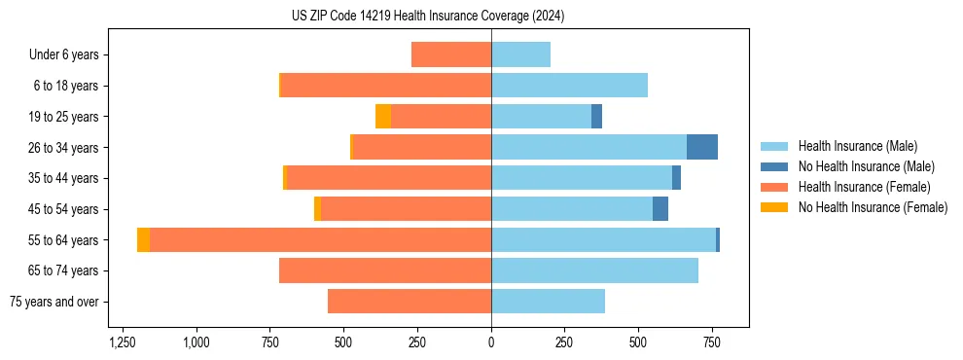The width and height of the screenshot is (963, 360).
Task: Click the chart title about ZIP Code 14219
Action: coord(428,16)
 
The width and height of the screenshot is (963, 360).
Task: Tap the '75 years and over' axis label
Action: coord(54,302)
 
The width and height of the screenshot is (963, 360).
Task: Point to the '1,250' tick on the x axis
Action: coord(123,342)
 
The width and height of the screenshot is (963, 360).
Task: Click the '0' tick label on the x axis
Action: coord(491,342)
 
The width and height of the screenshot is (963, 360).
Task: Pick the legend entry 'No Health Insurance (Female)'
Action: coord(873,207)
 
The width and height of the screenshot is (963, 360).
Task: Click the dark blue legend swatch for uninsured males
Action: coord(774,166)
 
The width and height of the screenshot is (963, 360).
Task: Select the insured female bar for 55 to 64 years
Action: coord(321,240)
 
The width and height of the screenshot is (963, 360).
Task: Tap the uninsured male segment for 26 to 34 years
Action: coord(702,147)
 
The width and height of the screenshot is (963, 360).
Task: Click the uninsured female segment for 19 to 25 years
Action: coord(383,117)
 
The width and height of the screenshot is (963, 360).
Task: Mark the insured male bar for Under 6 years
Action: coord(520,54)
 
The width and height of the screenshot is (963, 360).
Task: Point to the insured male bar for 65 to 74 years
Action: coord(594,270)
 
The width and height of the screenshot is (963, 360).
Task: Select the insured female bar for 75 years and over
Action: coord(410,302)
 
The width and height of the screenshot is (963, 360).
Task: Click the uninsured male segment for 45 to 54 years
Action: coord(660,209)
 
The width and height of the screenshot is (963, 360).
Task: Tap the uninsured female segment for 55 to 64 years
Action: coord(143,240)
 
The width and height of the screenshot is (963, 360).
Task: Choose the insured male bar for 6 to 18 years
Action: coord(569,86)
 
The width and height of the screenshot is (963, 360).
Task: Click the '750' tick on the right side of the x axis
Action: coord(711,342)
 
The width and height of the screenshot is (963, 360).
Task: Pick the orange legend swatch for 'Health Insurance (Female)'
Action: coord(774,187)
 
